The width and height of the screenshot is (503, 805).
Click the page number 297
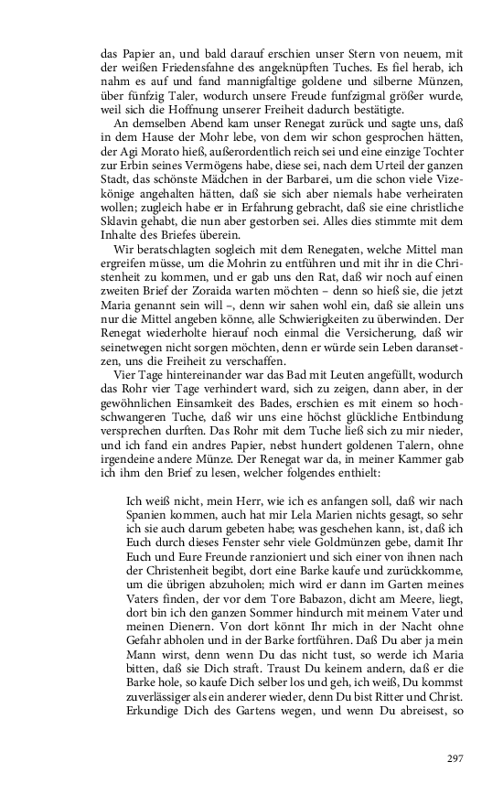click(x=455, y=758)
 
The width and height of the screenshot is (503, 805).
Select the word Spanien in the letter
click(x=149, y=515)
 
